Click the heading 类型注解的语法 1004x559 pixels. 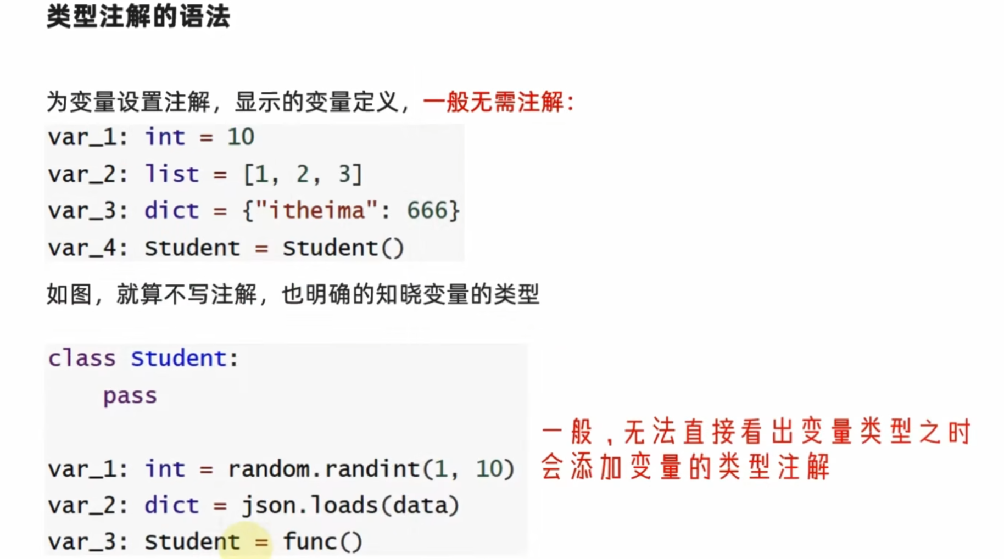(x=138, y=16)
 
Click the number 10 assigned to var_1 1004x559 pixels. (x=241, y=137)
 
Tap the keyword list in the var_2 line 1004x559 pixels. (x=171, y=174)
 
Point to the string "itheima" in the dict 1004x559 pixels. (x=317, y=211)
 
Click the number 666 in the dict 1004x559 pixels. (x=427, y=211)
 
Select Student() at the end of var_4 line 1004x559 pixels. (x=343, y=248)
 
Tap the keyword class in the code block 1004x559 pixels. (x=82, y=359)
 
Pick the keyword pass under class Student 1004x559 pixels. (x=130, y=395)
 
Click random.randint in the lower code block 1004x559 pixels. (x=323, y=469)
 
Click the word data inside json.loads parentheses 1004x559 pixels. (x=420, y=505)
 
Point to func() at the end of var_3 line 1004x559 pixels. (x=323, y=542)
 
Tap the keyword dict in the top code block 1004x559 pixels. (x=171, y=211)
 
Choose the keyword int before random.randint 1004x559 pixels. (x=165, y=469)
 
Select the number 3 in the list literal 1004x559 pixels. (x=344, y=174)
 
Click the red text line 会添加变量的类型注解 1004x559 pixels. (x=685, y=468)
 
